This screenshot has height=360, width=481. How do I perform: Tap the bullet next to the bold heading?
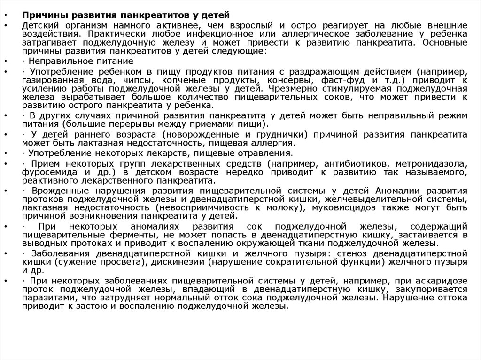point(5,16)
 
